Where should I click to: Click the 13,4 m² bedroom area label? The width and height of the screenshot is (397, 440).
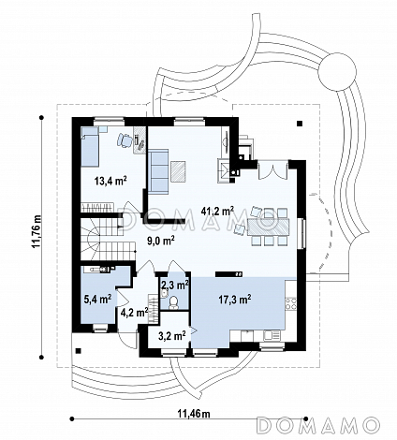coord(110,181)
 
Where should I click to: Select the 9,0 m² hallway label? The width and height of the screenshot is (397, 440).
coord(161,241)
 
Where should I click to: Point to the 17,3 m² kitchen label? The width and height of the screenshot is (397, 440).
coord(235,300)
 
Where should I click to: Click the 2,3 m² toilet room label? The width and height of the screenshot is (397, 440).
coord(175,285)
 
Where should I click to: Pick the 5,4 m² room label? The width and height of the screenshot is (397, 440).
coord(98,300)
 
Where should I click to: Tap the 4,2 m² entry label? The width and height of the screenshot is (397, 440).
coord(134,312)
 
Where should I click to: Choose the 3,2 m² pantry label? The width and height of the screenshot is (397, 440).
coord(172,336)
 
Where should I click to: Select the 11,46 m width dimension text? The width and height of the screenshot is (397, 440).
coord(194,414)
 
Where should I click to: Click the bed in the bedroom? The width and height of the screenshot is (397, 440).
coord(90,146)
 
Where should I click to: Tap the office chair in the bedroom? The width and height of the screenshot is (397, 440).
coord(125,140)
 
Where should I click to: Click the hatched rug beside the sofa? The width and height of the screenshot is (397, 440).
coord(179,170)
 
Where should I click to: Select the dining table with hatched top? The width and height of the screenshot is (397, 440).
coord(268,227)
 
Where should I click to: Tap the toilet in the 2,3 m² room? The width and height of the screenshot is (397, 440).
coord(173,302)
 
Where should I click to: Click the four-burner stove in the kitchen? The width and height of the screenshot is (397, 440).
coord(290,303)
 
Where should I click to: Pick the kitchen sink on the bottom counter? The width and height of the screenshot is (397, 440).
coord(272,335)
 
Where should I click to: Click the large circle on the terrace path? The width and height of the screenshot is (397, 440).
coord(337,71)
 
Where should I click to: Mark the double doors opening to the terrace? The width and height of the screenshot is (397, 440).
coord(272,170)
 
